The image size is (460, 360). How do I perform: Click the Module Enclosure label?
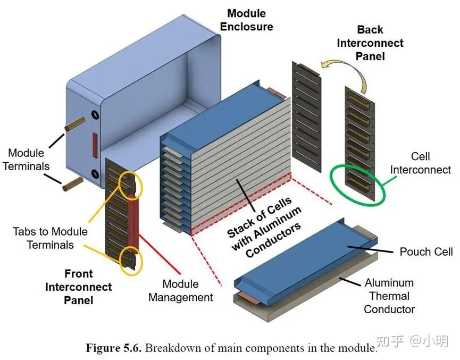(246, 20)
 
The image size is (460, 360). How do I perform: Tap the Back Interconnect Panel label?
(370, 43)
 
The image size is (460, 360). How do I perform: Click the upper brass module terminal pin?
(75, 124)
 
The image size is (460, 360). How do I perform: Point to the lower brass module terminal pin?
(73, 184)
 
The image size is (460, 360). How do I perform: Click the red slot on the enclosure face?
(95, 145)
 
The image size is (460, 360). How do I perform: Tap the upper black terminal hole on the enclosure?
(95, 115)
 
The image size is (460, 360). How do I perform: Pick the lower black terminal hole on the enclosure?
(95, 174)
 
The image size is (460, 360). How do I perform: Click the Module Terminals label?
(26, 160)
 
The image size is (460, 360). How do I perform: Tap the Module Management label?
(180, 290)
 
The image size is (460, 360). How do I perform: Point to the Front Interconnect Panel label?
(78, 287)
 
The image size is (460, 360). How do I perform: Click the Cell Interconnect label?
(421, 163)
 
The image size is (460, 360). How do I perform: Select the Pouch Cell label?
(426, 252)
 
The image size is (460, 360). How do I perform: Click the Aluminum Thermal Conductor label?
(389, 296)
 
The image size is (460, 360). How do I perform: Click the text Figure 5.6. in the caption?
(114, 348)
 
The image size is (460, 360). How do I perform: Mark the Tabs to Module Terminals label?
(50, 238)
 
